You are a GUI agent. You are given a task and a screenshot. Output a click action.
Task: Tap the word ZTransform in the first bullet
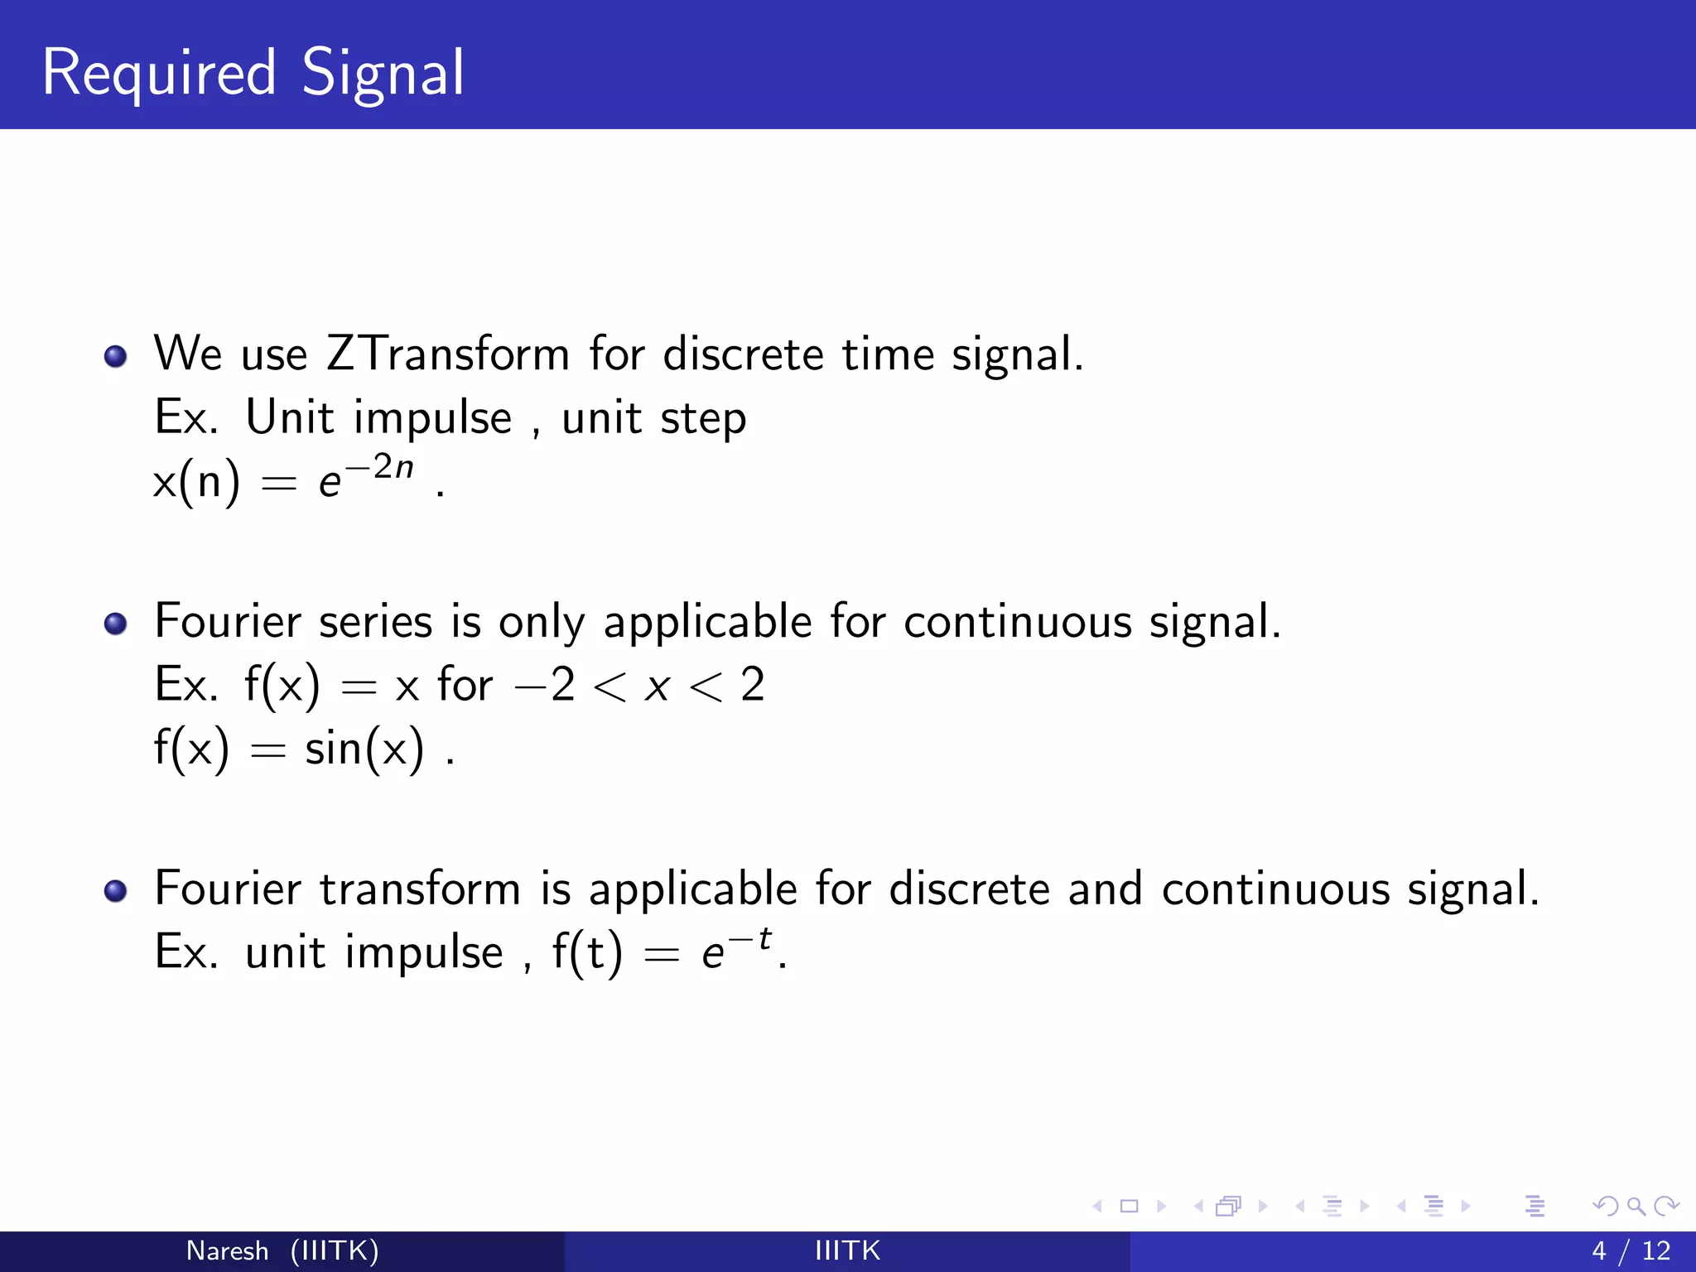click(447, 354)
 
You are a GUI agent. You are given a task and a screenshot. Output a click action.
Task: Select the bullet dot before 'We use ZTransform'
click(116, 357)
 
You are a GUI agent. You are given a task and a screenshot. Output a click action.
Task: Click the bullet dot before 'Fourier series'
click(116, 624)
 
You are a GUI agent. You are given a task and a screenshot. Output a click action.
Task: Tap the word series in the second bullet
click(375, 622)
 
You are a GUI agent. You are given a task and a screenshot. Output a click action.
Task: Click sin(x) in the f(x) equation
click(364, 749)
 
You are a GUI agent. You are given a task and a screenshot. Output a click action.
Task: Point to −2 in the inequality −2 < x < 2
click(545, 686)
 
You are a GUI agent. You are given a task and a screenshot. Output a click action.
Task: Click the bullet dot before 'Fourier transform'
click(116, 891)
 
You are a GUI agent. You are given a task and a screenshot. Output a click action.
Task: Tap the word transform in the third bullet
click(420, 889)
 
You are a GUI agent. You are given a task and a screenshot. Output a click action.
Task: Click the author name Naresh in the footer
click(227, 1250)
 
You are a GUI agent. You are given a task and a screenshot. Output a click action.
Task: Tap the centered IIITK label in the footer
click(847, 1250)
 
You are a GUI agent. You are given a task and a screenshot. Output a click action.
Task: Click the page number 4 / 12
click(1631, 1250)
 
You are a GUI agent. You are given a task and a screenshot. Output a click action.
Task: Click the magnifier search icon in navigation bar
click(1636, 1206)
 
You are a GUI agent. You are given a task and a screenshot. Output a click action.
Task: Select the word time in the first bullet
click(888, 354)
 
